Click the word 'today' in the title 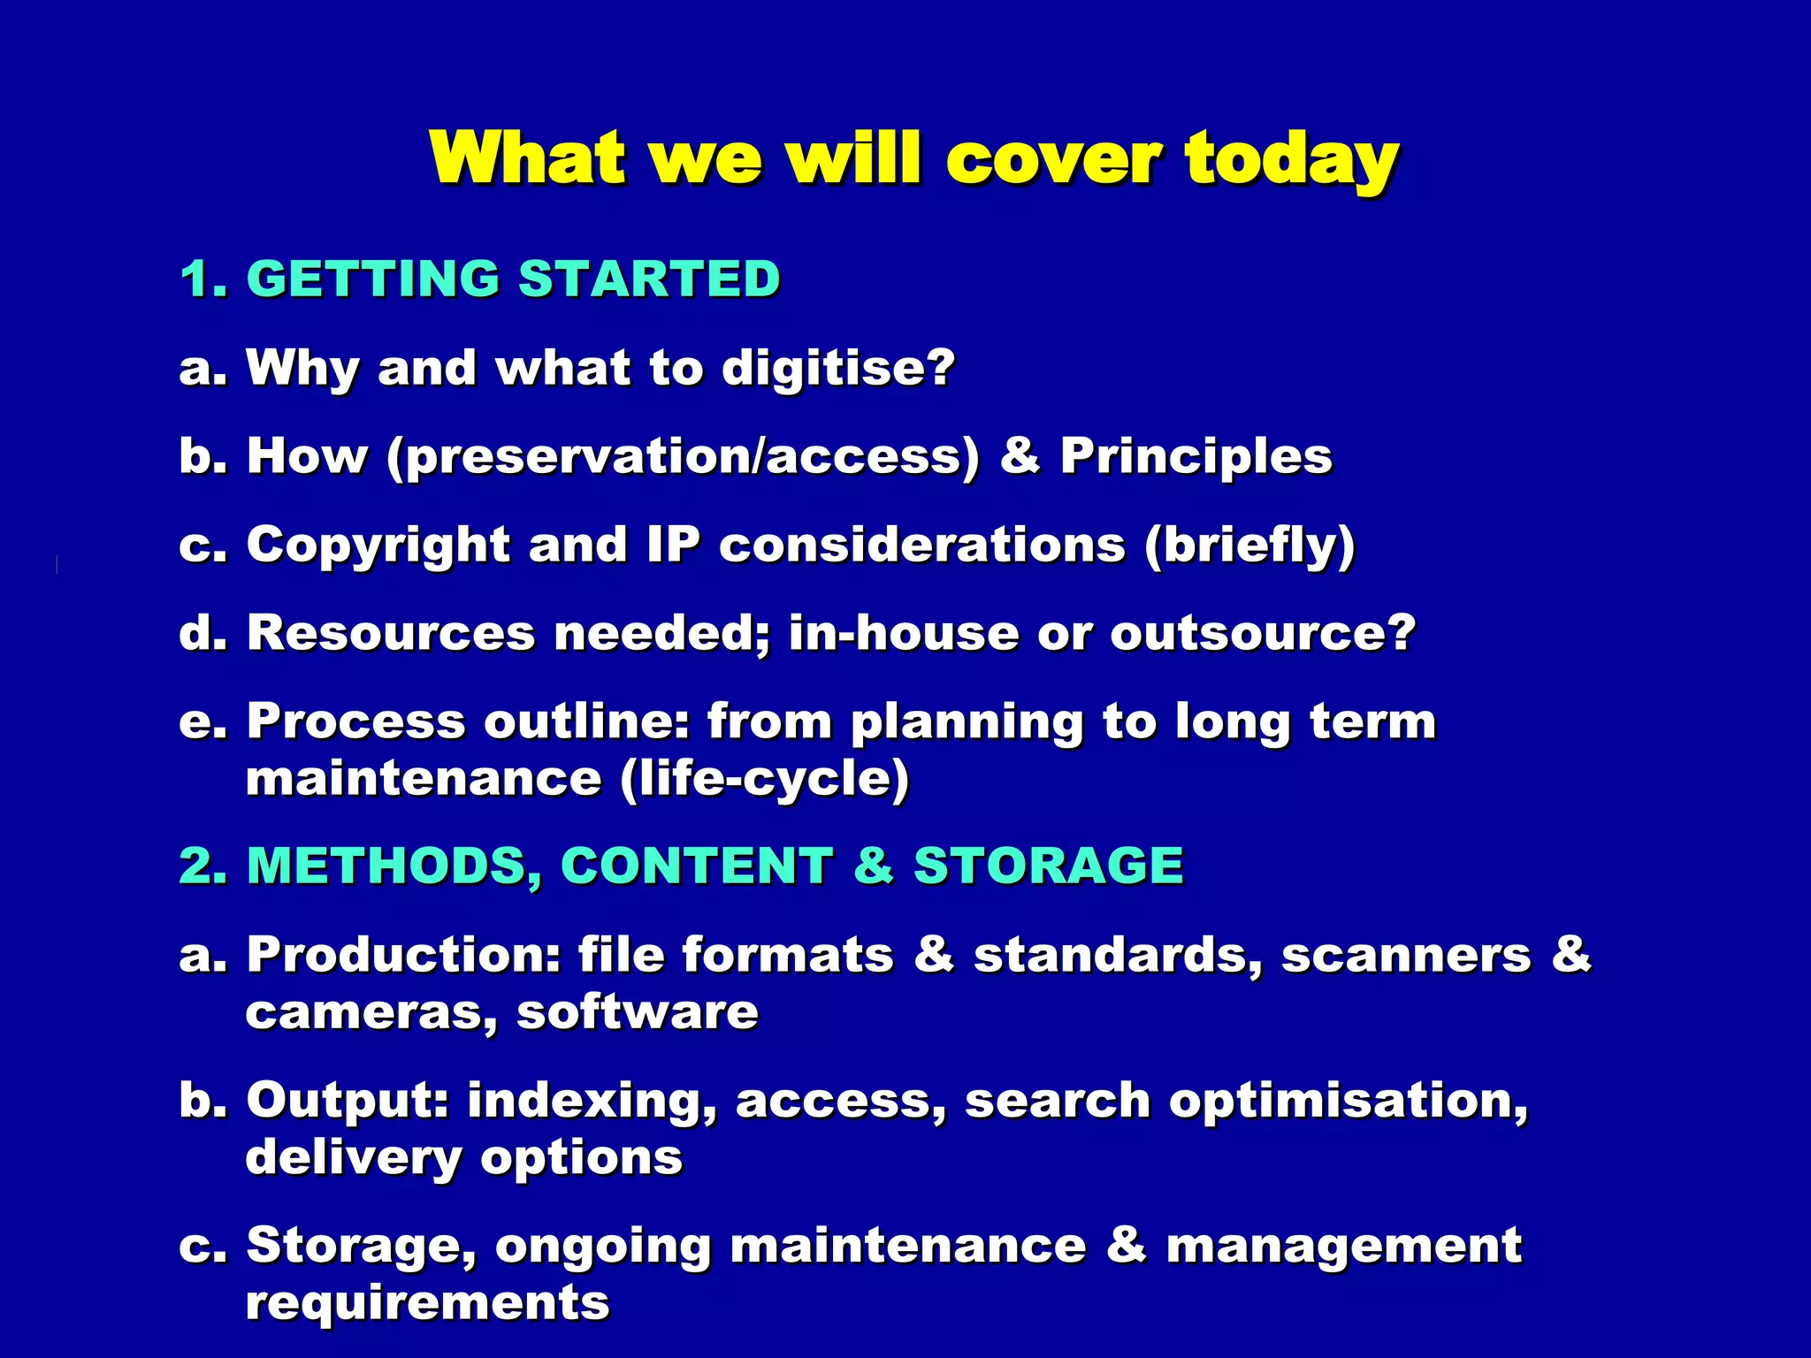click(1292, 159)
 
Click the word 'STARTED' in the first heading click(649, 279)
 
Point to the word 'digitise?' click(838, 368)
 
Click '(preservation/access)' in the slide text click(684, 457)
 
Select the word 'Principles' click(1196, 456)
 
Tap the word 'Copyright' click(378, 545)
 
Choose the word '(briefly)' click(1249, 545)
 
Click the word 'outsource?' click(1264, 633)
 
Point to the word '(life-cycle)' click(764, 780)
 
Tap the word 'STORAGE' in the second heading click(1049, 866)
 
